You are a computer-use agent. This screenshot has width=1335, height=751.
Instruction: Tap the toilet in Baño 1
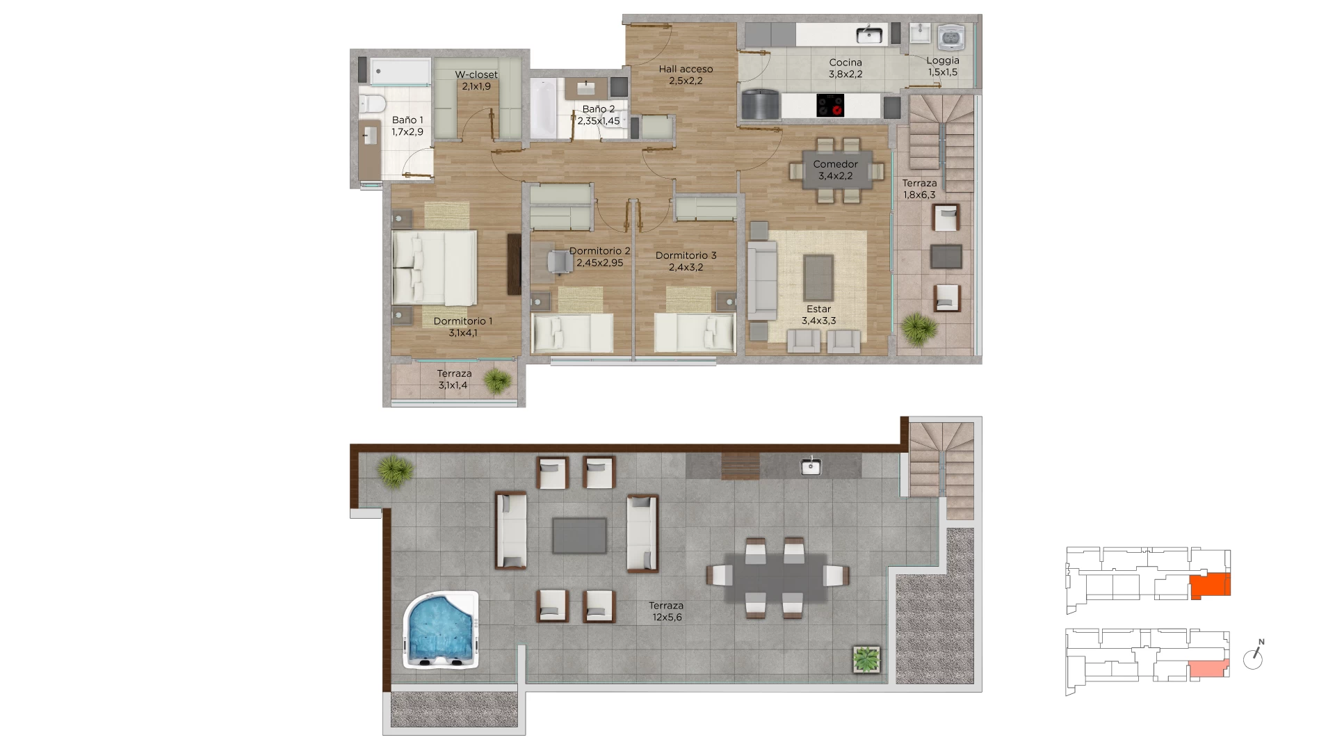click(373, 104)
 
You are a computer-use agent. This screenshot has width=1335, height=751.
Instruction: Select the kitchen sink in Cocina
click(869, 34)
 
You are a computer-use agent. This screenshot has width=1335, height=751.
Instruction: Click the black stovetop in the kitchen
click(830, 106)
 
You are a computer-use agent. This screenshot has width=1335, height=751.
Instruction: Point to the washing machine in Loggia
click(949, 38)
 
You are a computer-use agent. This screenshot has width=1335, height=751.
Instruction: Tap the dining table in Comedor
click(836, 170)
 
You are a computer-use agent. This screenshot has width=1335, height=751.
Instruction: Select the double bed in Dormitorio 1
click(435, 268)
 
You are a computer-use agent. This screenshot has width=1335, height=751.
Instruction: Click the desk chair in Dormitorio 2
click(558, 261)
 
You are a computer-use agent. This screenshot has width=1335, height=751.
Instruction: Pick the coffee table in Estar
click(819, 277)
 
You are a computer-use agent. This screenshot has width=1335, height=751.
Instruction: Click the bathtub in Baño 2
click(543, 108)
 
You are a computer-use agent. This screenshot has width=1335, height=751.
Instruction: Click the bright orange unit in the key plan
click(1211, 586)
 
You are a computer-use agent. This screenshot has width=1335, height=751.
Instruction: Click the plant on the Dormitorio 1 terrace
click(497, 381)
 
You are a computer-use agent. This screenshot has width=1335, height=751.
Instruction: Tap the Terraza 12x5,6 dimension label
click(666, 611)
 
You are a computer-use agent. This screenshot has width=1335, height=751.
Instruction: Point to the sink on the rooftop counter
click(811, 467)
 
